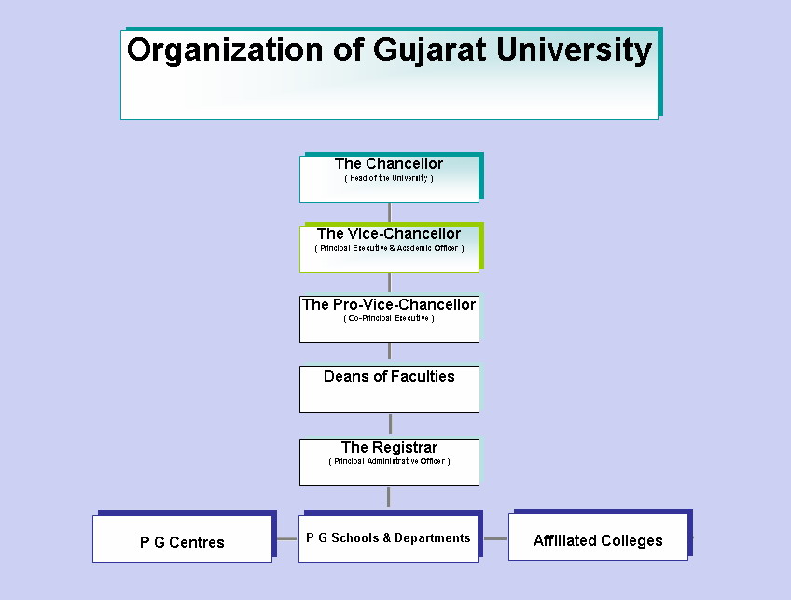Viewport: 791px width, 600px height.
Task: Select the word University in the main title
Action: pyautogui.click(x=574, y=49)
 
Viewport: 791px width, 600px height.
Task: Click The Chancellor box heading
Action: pyautogui.click(x=389, y=164)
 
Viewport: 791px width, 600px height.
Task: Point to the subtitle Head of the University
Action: pyautogui.click(x=389, y=178)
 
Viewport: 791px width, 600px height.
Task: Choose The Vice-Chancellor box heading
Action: pyautogui.click(x=389, y=234)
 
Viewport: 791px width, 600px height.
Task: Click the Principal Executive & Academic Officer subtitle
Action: pyautogui.click(x=389, y=248)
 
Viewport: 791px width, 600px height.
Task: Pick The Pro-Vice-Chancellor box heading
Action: pyautogui.click(x=389, y=305)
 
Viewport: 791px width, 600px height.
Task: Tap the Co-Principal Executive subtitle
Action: pyautogui.click(x=389, y=318)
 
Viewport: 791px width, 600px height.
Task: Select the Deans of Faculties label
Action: pyautogui.click(x=389, y=377)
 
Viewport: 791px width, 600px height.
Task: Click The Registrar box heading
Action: pyautogui.click(x=389, y=448)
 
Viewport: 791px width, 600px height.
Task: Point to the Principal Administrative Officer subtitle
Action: pyautogui.click(x=389, y=461)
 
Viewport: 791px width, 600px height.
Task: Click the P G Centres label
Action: pyautogui.click(x=182, y=542)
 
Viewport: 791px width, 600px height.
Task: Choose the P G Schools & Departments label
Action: pyautogui.click(x=388, y=538)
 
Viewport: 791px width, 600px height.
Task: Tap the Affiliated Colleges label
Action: pyautogui.click(x=598, y=541)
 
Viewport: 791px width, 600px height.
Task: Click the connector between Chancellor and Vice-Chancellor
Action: pyautogui.click(x=389, y=214)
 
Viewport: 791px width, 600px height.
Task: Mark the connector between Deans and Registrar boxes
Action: pyautogui.click(x=389, y=426)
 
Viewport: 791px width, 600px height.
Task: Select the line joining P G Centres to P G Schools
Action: pyautogui.click(x=285, y=538)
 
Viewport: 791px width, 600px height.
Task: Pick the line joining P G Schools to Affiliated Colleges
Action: pyautogui.click(x=494, y=538)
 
